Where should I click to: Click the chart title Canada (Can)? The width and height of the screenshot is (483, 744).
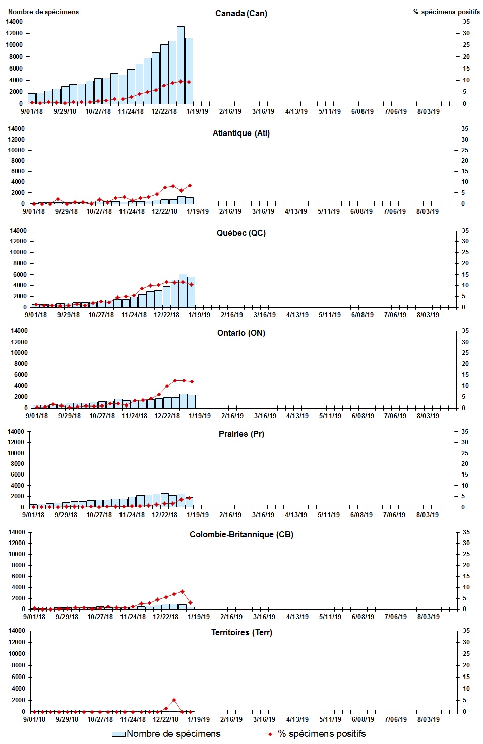pos(241,13)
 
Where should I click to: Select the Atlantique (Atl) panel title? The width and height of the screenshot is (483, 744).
pos(241,133)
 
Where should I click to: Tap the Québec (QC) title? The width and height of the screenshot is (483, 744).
pos(241,233)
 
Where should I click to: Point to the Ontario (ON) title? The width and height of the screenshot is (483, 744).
pos(241,333)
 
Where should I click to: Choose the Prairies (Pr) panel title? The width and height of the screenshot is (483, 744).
pos(241,434)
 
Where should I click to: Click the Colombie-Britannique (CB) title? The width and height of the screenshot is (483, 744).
pos(241,534)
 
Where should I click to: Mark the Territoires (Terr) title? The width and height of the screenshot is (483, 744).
pos(241,632)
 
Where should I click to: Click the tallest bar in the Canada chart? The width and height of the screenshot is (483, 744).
pos(180,65)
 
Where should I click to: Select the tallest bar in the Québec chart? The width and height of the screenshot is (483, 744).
pos(183,291)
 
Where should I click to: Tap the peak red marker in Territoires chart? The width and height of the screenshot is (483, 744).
pos(174,700)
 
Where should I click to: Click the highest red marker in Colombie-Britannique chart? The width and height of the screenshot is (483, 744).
pos(182,591)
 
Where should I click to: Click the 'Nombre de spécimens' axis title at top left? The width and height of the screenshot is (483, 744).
pos(43,12)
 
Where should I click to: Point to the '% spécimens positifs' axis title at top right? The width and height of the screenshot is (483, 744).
pos(446,12)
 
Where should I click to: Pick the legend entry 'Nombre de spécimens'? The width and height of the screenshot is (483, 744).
pos(166,734)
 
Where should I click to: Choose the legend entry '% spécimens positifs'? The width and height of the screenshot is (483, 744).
pos(315,734)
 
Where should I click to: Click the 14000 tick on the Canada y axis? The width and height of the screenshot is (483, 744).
pos(15,22)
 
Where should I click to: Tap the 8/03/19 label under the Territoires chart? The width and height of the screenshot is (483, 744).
pos(428,719)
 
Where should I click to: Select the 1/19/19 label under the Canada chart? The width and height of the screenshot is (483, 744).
pos(197,111)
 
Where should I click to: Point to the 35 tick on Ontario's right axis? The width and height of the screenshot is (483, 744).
pos(465,331)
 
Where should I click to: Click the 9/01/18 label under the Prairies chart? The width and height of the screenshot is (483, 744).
pos(33,515)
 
